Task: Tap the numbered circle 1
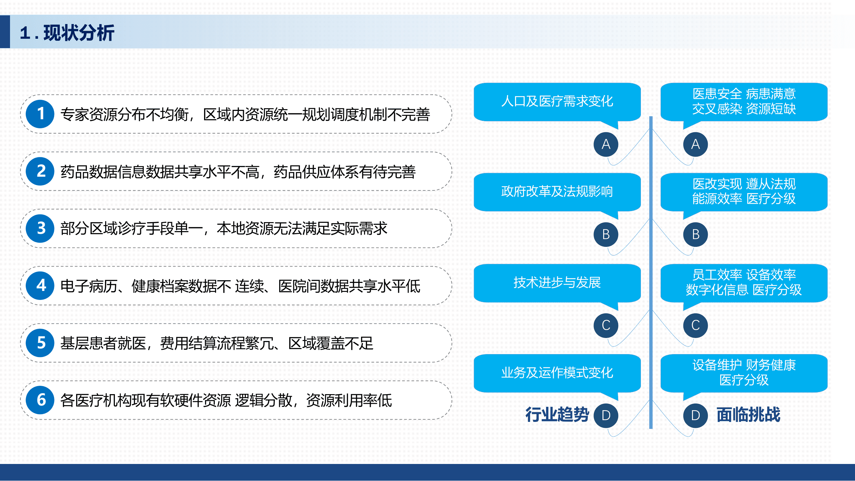(x=40, y=114)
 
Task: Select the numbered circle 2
(x=40, y=171)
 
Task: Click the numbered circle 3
(x=40, y=228)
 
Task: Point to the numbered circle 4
(x=40, y=286)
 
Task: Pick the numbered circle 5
(x=40, y=343)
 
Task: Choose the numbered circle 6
(x=40, y=400)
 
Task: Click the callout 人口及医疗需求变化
(x=557, y=102)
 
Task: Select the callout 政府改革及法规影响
(x=557, y=192)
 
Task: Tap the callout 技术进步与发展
(x=557, y=283)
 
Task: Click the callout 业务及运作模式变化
(x=557, y=373)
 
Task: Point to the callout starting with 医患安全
(x=744, y=102)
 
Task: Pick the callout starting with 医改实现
(x=744, y=192)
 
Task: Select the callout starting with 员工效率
(x=744, y=283)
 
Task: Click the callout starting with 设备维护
(x=744, y=373)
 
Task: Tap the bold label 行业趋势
(x=557, y=415)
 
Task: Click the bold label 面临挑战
(x=748, y=415)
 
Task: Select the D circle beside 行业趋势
(x=606, y=416)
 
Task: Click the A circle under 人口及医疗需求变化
(x=606, y=144)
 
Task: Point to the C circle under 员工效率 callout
(x=695, y=325)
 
